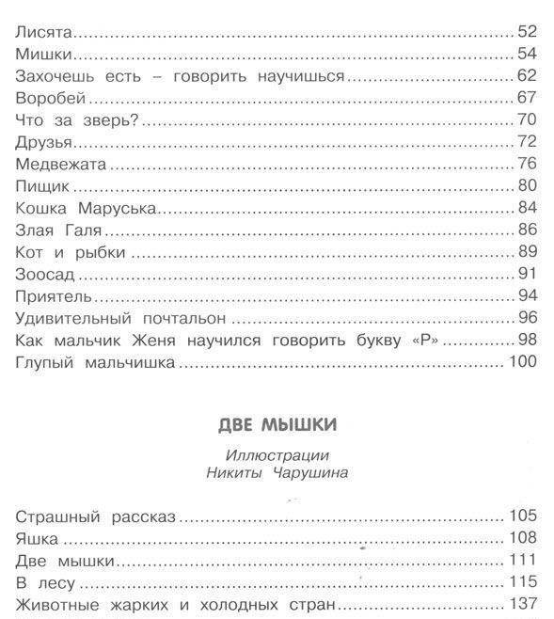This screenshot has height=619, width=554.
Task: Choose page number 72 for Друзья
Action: [526, 142]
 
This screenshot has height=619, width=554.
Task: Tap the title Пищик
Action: [43, 186]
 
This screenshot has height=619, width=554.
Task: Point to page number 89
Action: [526, 252]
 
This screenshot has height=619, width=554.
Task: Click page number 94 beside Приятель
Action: [526, 296]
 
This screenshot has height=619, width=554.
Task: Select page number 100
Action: [521, 362]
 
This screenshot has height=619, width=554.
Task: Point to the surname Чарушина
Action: [304, 472]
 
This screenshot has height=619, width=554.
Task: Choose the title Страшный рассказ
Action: [98, 516]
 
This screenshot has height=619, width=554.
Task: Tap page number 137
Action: [521, 604]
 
